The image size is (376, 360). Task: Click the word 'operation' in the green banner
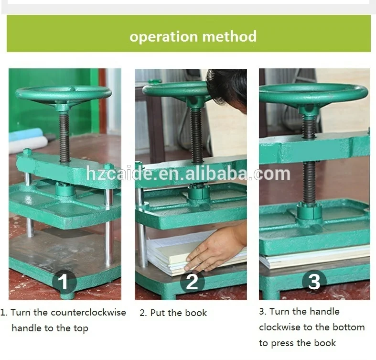click(x=163, y=37)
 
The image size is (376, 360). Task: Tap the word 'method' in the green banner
click(x=229, y=36)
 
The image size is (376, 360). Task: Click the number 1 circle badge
click(x=64, y=282)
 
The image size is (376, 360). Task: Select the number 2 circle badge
click(x=193, y=282)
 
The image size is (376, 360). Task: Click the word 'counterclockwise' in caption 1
click(x=88, y=313)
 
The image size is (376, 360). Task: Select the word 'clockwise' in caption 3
click(x=279, y=327)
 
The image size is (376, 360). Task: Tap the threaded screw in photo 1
click(x=64, y=137)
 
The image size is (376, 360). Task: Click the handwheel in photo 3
click(x=313, y=94)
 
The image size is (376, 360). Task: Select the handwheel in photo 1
click(x=64, y=94)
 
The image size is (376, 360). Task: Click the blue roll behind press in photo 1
click(x=26, y=134)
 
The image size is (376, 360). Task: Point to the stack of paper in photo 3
click(x=315, y=259)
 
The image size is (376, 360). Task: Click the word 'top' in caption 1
click(x=81, y=328)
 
